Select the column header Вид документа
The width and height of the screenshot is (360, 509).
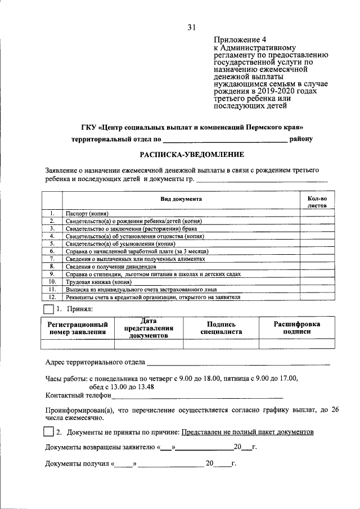(x=181, y=199)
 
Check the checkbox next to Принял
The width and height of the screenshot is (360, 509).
(x=49, y=309)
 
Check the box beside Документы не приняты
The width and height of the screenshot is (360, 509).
(x=49, y=432)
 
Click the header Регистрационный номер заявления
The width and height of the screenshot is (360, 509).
(x=77, y=328)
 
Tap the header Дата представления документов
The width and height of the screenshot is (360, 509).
(x=148, y=328)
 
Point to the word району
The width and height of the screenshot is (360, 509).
(x=301, y=138)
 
